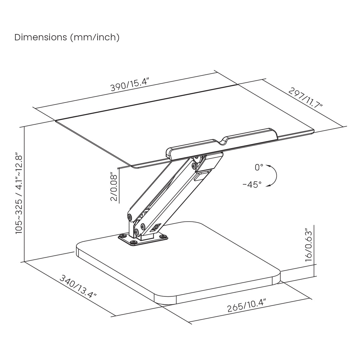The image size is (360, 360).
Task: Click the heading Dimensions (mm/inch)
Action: (x=67, y=37)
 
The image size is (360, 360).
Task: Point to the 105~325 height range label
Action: (x=19, y=193)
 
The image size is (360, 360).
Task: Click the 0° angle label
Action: (x=259, y=167)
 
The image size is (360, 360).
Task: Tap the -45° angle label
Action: (x=252, y=184)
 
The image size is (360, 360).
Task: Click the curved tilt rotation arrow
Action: (x=274, y=176)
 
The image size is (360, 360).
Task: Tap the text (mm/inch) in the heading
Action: (x=94, y=37)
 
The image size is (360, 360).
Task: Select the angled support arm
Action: (x=163, y=193)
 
